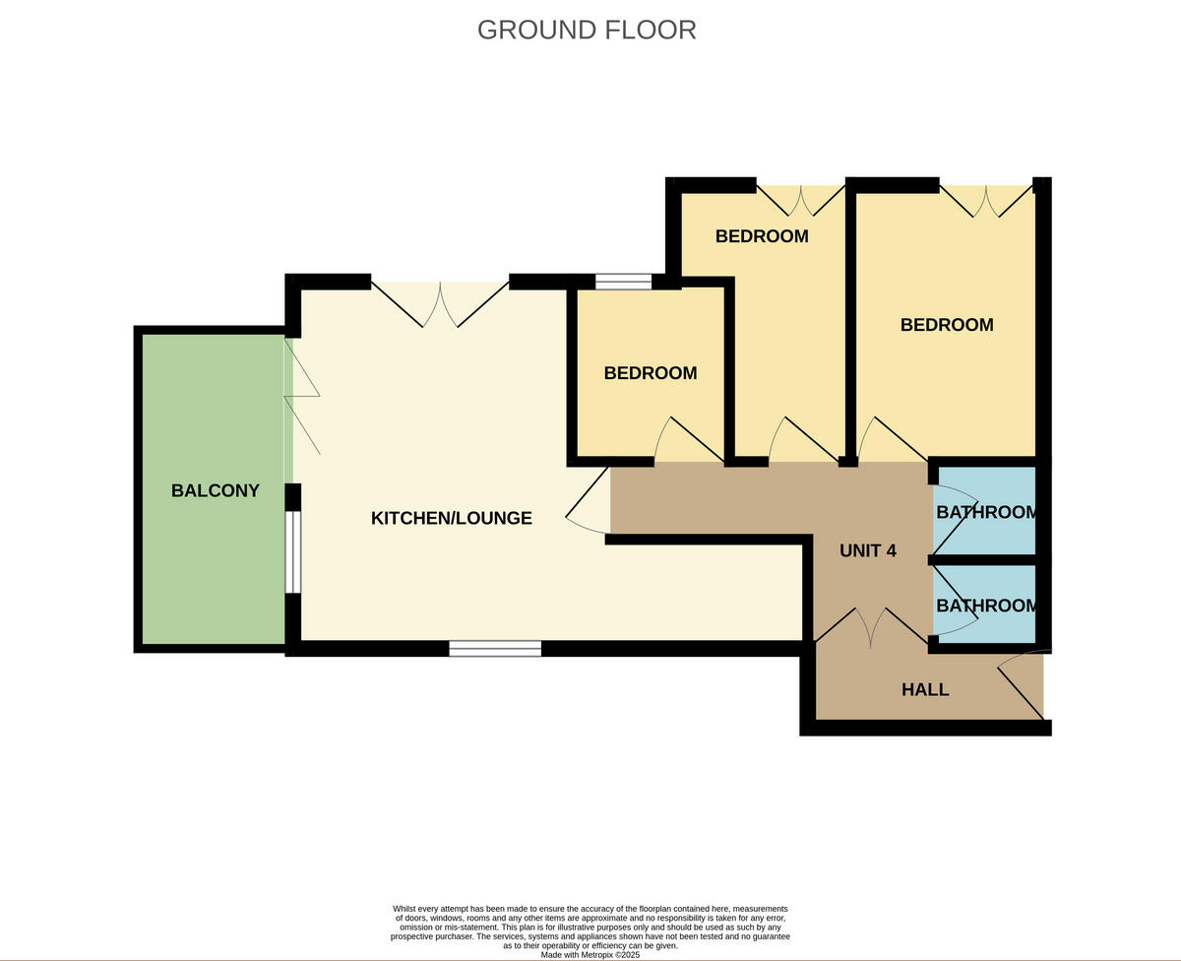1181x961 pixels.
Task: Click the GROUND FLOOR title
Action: pos(587,30)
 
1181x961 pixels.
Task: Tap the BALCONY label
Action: pos(216,490)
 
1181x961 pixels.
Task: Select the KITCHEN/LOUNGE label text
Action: pos(451,518)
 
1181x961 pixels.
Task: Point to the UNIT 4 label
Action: pos(867,550)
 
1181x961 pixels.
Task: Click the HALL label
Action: pos(925,689)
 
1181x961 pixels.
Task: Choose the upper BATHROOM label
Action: pos(986,512)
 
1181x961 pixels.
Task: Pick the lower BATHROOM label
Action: pos(986,606)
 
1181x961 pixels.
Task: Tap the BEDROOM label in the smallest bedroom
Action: pos(650,373)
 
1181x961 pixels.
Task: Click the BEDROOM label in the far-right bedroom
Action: pos(946,325)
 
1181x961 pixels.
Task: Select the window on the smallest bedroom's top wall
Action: pos(623,283)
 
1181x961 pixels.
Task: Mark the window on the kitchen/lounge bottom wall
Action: pos(495,648)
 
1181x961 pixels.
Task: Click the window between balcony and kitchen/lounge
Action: pos(292,551)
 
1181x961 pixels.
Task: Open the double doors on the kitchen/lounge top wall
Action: pos(440,303)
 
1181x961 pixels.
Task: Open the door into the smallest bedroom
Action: pos(688,441)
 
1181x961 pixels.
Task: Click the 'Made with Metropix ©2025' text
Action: pos(590,954)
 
